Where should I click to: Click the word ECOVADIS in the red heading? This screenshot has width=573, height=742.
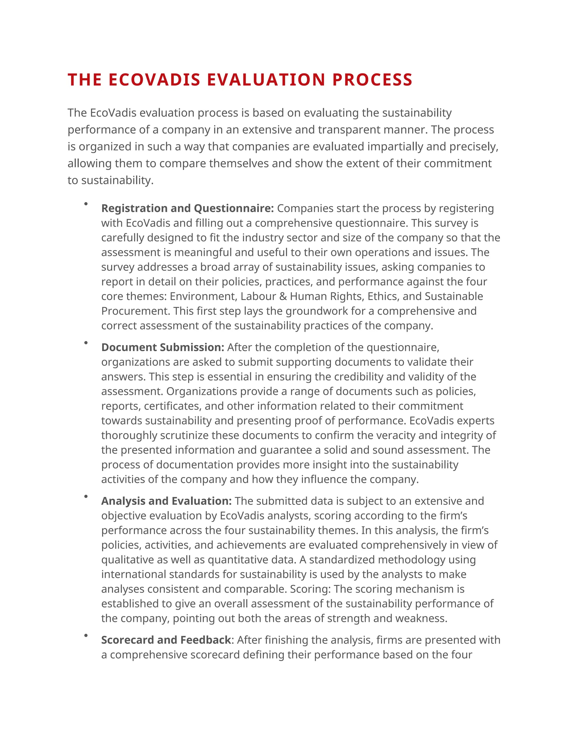pyautogui.click(x=154, y=80)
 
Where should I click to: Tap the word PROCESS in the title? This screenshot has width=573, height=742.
pyautogui.click(x=372, y=80)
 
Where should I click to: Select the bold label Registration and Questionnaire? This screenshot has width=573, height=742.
pyautogui.click(x=187, y=208)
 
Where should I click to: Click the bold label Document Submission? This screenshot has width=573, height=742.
pyautogui.click(x=163, y=347)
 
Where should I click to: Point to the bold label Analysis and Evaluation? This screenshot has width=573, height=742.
pyautogui.click(x=166, y=501)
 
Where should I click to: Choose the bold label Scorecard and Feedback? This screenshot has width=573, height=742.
pyautogui.click(x=166, y=640)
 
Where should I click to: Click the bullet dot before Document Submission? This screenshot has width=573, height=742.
pyautogui.click(x=86, y=342)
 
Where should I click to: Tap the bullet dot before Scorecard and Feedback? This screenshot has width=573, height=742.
pyautogui.click(x=86, y=635)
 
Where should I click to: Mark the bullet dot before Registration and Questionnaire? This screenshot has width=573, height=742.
pyautogui.click(x=86, y=204)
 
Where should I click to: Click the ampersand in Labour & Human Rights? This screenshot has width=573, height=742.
pyautogui.click(x=283, y=296)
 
